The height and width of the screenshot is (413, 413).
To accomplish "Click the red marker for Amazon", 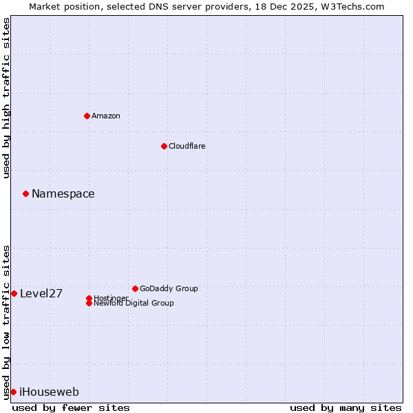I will pyautogui.click(x=87, y=116).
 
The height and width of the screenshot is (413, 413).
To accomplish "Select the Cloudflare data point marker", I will pyautogui.click(x=164, y=146).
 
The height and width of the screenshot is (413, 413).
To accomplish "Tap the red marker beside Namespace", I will pyautogui.click(x=25, y=193).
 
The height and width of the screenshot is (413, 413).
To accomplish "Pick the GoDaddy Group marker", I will pyautogui.click(x=135, y=288).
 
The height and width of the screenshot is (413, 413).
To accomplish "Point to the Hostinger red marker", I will pyautogui.click(x=89, y=298).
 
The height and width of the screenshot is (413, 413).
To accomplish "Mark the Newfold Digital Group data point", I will pyautogui.click(x=89, y=303).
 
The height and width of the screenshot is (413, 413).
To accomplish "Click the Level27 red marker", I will pyautogui.click(x=14, y=293).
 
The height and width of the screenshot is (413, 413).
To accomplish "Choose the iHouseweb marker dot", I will pyautogui.click(x=13, y=392).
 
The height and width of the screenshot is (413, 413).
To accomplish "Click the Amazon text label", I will pyautogui.click(x=106, y=116).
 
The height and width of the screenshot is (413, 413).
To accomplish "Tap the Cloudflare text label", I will pyautogui.click(x=187, y=146).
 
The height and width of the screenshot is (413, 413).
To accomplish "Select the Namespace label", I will pyautogui.click(x=63, y=194).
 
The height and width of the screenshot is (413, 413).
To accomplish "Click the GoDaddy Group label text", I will pyautogui.click(x=169, y=288).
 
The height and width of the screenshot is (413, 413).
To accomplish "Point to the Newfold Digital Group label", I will pyautogui.click(x=134, y=304).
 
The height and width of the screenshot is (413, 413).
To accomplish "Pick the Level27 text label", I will pyautogui.click(x=41, y=294).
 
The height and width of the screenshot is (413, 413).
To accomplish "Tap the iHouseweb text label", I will pyautogui.click(x=49, y=392).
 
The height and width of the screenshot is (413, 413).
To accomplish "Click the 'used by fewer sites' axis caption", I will pyautogui.click(x=71, y=407).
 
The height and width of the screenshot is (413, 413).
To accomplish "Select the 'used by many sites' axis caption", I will pyautogui.click(x=346, y=407).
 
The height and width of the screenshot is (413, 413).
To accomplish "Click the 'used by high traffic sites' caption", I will pyautogui.click(x=6, y=98).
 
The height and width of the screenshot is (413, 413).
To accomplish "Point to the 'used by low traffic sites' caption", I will pyautogui.click(x=6, y=321).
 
